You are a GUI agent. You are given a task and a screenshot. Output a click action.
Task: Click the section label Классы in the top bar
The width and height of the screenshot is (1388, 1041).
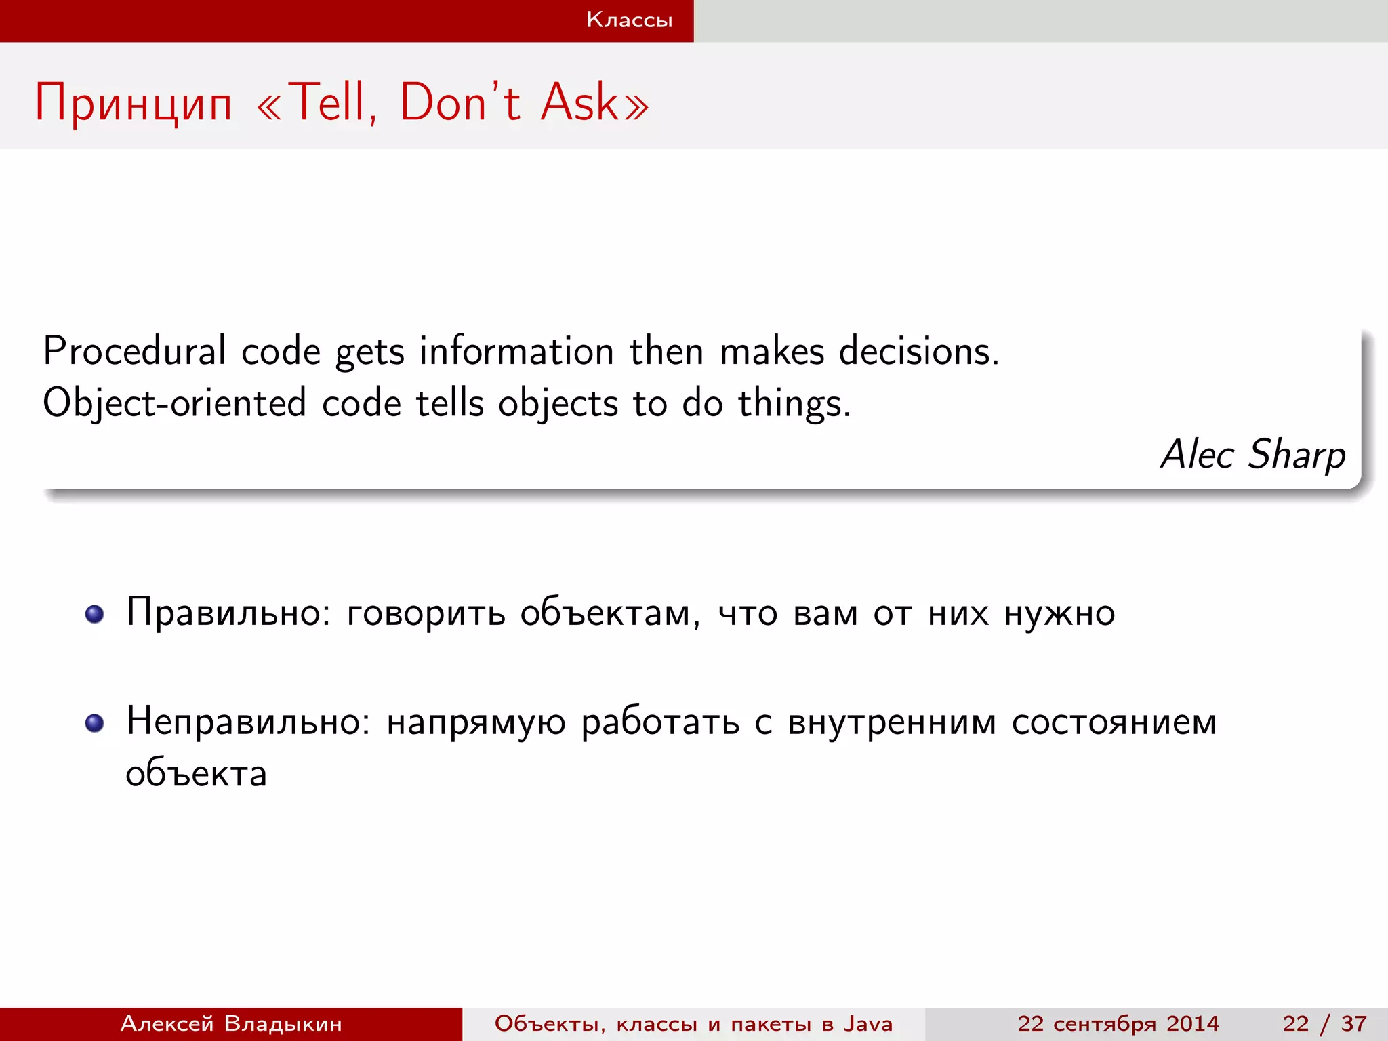point(629,20)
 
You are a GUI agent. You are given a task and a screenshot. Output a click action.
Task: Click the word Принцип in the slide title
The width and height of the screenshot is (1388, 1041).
point(134,104)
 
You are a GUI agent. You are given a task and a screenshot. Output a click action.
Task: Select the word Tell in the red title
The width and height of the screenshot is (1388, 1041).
point(330,102)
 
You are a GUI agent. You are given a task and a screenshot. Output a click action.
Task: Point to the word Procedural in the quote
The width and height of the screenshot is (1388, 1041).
point(134,351)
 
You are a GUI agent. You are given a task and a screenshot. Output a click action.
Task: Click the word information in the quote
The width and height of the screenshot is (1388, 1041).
point(516,351)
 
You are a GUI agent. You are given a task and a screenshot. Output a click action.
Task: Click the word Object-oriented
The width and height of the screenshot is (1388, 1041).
point(174,403)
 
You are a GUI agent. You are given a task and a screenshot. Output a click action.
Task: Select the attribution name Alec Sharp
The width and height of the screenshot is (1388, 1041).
point(1252,454)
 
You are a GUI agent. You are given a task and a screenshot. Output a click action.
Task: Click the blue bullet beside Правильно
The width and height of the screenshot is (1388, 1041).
point(95,614)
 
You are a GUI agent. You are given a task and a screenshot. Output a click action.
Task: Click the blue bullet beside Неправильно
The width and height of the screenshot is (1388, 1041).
point(95,723)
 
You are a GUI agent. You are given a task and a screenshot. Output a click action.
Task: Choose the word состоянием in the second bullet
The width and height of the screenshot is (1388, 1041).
point(1114,722)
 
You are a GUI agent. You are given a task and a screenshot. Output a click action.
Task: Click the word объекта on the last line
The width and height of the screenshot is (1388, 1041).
point(197,773)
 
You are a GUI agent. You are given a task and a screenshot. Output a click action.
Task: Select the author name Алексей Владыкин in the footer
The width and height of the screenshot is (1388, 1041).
point(231,1023)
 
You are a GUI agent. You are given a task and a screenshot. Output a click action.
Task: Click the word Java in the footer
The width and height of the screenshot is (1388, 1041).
point(867,1023)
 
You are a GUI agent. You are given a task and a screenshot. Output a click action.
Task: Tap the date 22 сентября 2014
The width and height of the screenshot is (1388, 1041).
point(1118,1023)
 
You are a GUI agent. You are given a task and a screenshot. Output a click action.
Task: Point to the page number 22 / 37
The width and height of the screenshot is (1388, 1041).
point(1324,1023)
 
